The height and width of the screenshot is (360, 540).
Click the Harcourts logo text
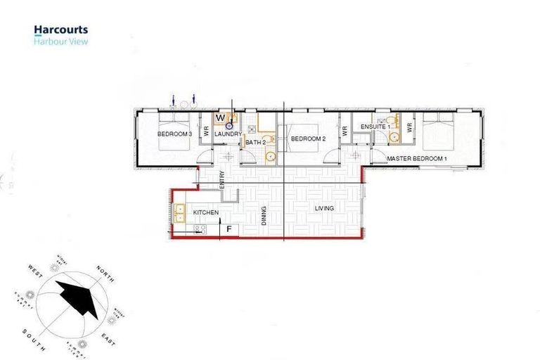tap(60, 30)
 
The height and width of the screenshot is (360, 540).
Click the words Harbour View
tap(60, 41)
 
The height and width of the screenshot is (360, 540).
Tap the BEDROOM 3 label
tap(174, 133)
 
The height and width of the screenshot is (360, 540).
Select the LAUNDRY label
tap(228, 134)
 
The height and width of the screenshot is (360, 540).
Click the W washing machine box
tap(220, 118)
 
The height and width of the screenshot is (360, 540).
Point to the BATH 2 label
tap(255, 142)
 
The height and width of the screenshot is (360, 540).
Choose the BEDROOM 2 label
tap(308, 139)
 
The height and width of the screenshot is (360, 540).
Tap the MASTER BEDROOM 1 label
tap(417, 159)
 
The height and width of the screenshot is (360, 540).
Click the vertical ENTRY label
tap(221, 179)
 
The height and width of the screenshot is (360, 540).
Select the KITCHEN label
tap(206, 212)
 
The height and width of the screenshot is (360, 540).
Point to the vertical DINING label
tap(264, 214)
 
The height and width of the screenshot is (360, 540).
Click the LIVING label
tap(324, 208)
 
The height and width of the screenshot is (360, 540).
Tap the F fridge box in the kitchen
tap(228, 229)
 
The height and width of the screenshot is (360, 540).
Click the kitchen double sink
tap(180, 213)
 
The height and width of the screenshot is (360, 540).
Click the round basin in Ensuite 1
tap(394, 136)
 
